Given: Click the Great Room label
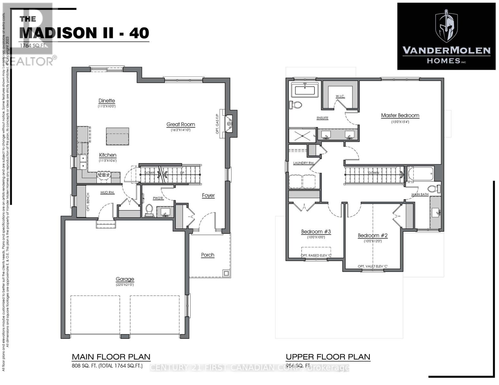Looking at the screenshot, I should pyautogui.click(x=181, y=124).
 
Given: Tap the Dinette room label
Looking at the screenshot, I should pyautogui.click(x=107, y=101).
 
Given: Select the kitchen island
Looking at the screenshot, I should pyautogui.click(x=118, y=136).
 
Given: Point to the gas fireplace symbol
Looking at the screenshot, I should pyautogui.click(x=229, y=124).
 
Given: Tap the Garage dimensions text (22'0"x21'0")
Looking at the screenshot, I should pyautogui.click(x=125, y=285).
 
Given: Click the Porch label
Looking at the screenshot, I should pyautogui.click(x=208, y=255).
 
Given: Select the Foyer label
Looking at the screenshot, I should pyautogui.click(x=208, y=195).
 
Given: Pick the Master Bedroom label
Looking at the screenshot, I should pyautogui.click(x=400, y=116).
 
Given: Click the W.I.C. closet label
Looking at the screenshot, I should pyautogui.click(x=340, y=96).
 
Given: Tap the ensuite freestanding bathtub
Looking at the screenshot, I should pyautogui.click(x=305, y=90).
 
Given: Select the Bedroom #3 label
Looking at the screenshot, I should pyautogui.click(x=316, y=232).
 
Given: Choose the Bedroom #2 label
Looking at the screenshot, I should pyautogui.click(x=373, y=235).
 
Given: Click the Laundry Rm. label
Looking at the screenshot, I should pyautogui.click(x=303, y=163).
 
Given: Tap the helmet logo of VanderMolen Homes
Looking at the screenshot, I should pyautogui.click(x=446, y=26).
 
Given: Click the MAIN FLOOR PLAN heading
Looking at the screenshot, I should pyautogui.click(x=111, y=357).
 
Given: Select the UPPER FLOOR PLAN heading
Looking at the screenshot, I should pyautogui.click(x=328, y=357).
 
